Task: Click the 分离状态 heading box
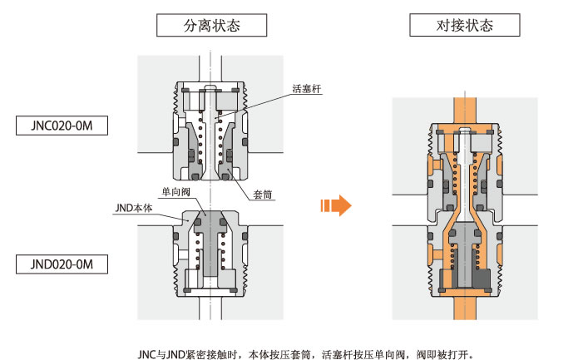tap(211, 25)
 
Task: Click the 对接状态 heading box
tap(464, 25)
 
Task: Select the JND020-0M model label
tap(63, 265)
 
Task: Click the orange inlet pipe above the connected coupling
tap(464, 106)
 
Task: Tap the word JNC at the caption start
tap(147, 353)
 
